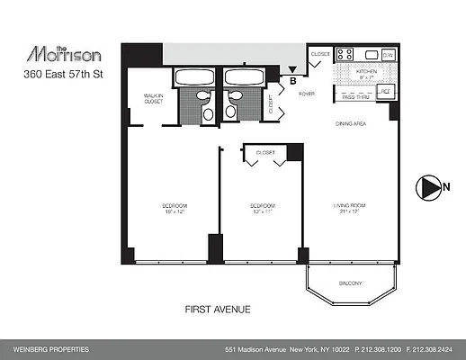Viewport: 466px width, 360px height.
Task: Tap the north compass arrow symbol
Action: click(x=425, y=187)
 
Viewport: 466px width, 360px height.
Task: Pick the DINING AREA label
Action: click(x=351, y=123)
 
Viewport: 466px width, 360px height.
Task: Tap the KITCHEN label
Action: click(x=365, y=72)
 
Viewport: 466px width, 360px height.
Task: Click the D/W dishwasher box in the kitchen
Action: click(x=387, y=56)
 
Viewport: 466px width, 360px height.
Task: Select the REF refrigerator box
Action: click(x=384, y=92)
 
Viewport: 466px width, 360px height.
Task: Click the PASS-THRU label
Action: click(x=353, y=96)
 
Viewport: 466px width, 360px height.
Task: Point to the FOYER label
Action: click(x=306, y=91)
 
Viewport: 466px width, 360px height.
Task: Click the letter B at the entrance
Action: click(x=293, y=80)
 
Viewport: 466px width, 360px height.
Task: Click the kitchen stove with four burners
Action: click(x=345, y=55)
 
